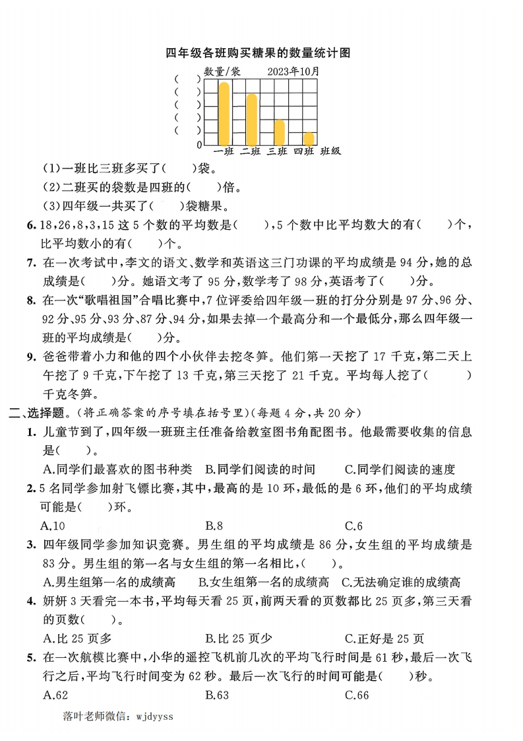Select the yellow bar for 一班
(224, 114)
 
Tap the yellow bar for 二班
(251, 120)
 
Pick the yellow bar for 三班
(279, 132)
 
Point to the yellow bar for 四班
(309, 139)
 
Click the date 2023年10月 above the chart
(294, 71)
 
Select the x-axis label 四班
(303, 152)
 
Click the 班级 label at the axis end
(330, 152)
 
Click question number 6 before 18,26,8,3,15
(31, 226)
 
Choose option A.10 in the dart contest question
(53, 526)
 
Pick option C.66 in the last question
(357, 695)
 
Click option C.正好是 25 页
(385, 639)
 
